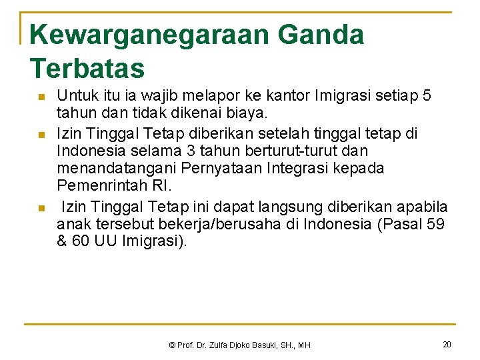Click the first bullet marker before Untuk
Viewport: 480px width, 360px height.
tap(41, 97)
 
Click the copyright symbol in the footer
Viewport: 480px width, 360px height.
tap(172, 345)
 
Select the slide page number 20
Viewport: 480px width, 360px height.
tap(447, 344)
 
